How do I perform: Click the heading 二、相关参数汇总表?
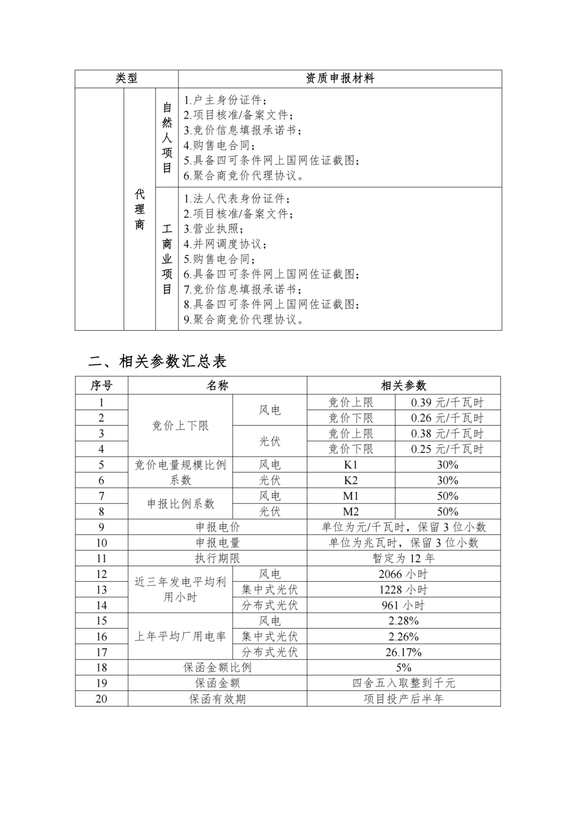(157, 362)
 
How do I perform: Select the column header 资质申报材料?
(340, 79)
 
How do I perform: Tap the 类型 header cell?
(127, 79)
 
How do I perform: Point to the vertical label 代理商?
(139, 209)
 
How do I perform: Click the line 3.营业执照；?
(213, 229)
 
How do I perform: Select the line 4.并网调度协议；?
(225, 244)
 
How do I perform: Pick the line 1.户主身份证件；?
(225, 100)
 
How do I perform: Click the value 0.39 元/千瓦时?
(447, 403)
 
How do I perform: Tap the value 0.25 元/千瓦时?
(447, 449)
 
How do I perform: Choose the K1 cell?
(350, 465)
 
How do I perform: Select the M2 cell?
(350, 512)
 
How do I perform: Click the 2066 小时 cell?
(403, 574)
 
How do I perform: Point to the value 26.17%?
(403, 652)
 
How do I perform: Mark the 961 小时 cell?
(403, 605)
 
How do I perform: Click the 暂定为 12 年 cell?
(403, 559)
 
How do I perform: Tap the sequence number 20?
(102, 699)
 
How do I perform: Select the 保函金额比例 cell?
(217, 668)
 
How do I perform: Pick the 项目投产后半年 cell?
(403, 699)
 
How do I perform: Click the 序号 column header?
(102, 386)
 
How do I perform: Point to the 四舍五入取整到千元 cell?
(403, 683)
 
